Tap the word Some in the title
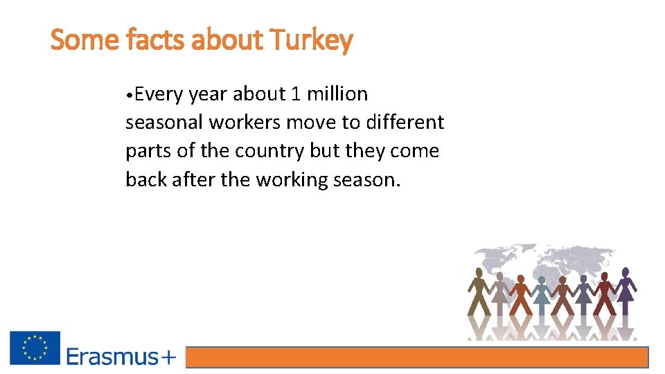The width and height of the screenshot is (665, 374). pos(85,41)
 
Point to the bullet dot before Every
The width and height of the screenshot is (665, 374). pos(130,94)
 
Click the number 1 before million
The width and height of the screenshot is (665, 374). pos(296,93)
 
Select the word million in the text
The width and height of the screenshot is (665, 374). pos(337,93)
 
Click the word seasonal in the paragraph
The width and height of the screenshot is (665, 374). pos(164,123)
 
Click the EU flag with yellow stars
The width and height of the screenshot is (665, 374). pos(35,348)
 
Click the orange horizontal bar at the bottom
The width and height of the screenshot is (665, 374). pos(417,357)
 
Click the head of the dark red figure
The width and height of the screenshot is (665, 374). pos(604,276)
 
